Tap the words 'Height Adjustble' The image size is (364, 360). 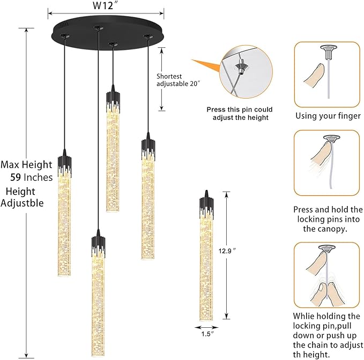click(21, 197)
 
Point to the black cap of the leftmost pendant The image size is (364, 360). click(65, 166)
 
